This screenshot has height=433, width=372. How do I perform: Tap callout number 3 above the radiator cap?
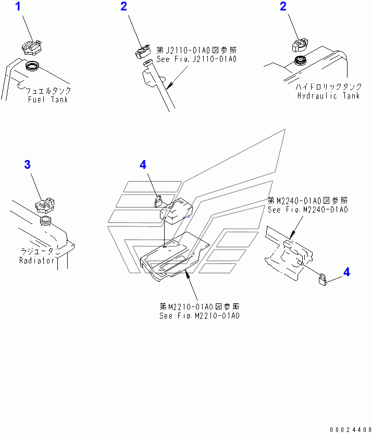point(27,165)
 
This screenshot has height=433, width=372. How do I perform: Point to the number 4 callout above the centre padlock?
point(143,165)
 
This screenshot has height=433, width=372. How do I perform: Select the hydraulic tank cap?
point(302,46)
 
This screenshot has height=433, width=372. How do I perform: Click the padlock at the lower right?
point(323,280)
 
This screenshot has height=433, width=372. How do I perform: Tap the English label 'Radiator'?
point(37,260)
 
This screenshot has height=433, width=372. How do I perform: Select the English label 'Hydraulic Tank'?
point(328,96)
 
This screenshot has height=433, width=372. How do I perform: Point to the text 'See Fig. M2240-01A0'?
point(307,209)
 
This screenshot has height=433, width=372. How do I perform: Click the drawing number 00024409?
point(350,428)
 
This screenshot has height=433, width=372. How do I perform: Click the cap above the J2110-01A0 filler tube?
point(142,51)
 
